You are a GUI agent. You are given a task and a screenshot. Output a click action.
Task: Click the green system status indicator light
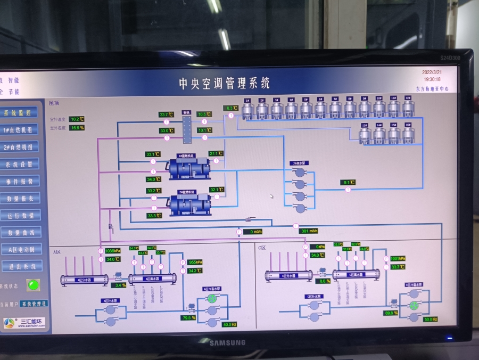tap(33, 285)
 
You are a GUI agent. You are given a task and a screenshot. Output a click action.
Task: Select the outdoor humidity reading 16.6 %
tap(77, 128)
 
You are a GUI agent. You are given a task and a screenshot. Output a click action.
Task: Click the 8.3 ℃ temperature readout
tap(230, 108)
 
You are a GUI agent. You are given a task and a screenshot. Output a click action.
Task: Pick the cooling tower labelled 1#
tap(247, 110)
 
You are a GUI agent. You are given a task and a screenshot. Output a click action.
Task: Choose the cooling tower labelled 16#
tap(408, 135)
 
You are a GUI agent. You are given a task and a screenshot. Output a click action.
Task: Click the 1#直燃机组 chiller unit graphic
tap(189, 167)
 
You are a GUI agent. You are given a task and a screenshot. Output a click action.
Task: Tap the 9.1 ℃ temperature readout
tap(348, 183)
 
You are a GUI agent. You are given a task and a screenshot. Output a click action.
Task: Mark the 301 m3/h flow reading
tap(308, 231)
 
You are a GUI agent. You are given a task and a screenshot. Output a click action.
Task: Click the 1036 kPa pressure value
tap(112, 251)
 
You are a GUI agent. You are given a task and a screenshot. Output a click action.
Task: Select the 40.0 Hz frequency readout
tap(229, 324)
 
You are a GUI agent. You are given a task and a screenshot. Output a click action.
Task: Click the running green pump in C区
tap(415, 306)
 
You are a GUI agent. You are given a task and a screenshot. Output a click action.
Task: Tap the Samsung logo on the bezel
tap(227, 342)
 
